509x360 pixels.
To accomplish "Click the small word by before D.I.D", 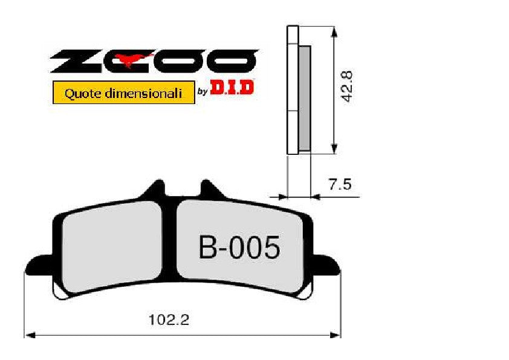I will pos(203,93).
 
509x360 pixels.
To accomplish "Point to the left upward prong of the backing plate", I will pos(155,189).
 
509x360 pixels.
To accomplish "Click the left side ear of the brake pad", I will pos(36,265).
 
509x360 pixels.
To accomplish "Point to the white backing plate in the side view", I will pos(293,91).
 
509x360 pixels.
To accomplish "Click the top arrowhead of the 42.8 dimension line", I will pos(333,30).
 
